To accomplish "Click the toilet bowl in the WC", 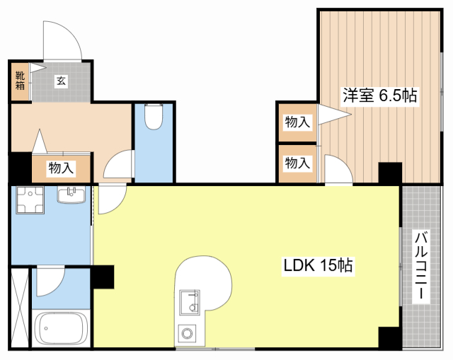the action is [154, 116].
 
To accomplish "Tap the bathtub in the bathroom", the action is [61, 328].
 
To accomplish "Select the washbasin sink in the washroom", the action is [71, 195].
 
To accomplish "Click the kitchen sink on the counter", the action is [190, 303].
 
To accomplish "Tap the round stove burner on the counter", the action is [187, 333].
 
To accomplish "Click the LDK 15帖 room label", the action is [318, 265].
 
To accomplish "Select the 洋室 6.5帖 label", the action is [380, 95].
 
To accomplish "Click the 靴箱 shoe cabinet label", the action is [20, 81].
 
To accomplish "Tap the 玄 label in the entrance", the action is [61, 81].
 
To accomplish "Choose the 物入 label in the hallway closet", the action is [61, 168].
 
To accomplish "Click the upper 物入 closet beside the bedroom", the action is [297, 122].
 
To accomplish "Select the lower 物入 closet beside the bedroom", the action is [297, 163].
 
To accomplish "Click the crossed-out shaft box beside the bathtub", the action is [20, 308].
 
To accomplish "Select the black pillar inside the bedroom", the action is [390, 173].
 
